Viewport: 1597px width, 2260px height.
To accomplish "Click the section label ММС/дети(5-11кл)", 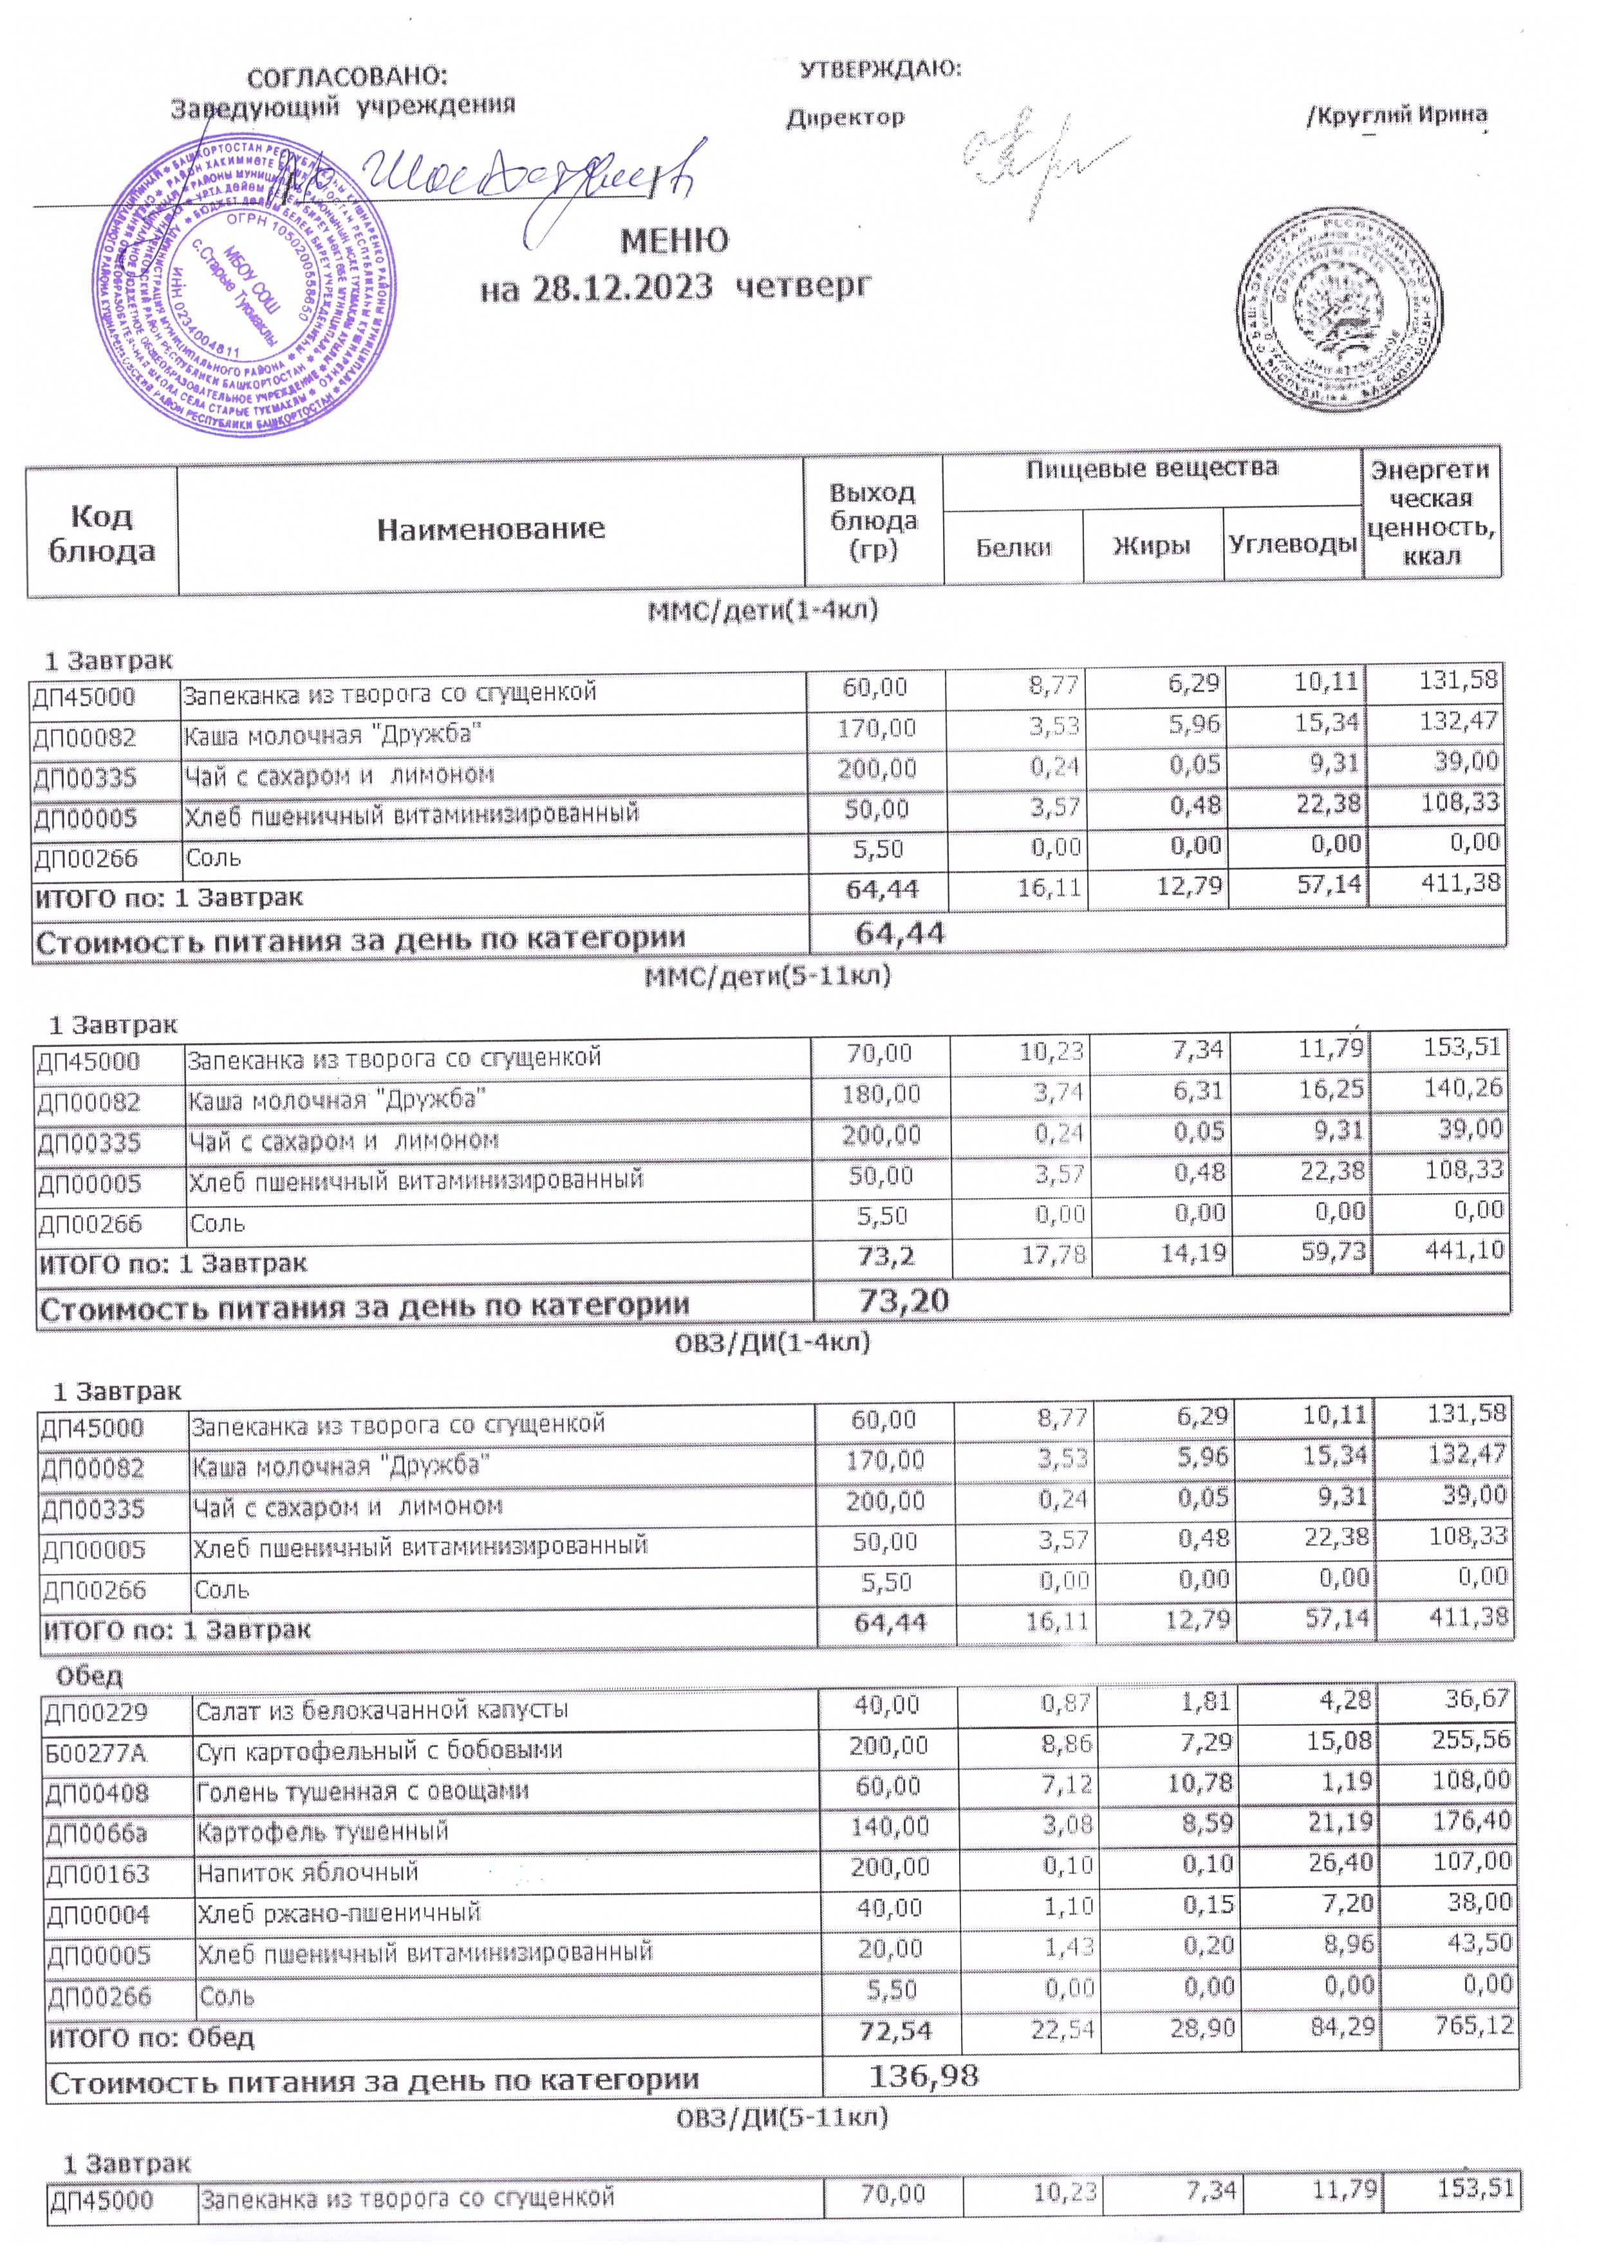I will click(x=767, y=976).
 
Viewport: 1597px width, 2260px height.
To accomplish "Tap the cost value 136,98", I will click(x=924, y=2076).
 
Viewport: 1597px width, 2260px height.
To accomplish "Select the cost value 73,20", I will click(x=903, y=1301).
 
